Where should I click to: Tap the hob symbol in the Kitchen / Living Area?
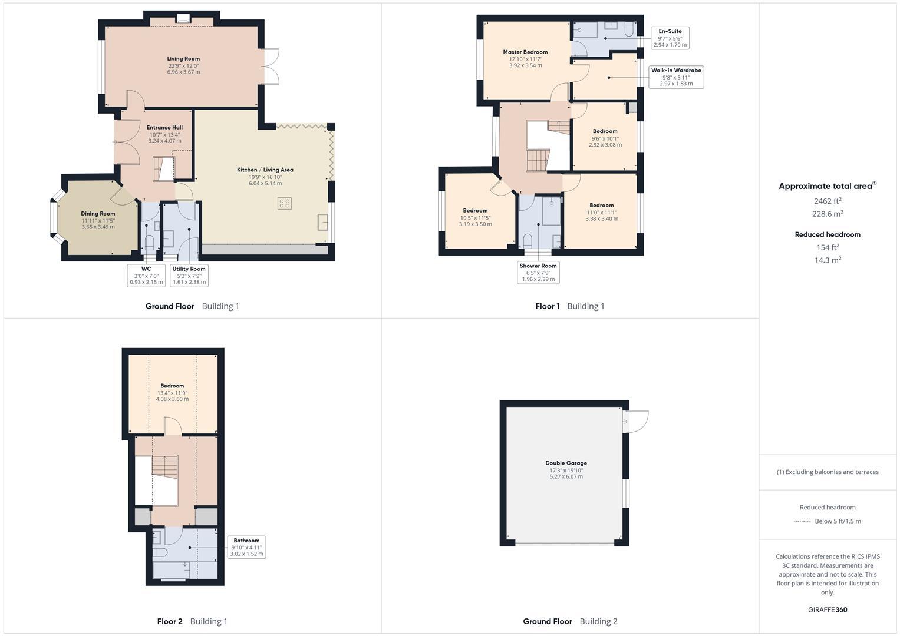285,203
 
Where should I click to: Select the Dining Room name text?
98,214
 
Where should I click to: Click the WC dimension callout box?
146,276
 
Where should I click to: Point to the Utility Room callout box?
189,276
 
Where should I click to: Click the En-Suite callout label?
670,38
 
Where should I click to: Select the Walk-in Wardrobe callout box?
676,77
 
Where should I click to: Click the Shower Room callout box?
538,272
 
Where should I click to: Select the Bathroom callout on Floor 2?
246,547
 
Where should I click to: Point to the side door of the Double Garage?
635,420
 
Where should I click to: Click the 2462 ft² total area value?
828,201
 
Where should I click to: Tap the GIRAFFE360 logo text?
828,609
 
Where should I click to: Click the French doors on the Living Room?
271,66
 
